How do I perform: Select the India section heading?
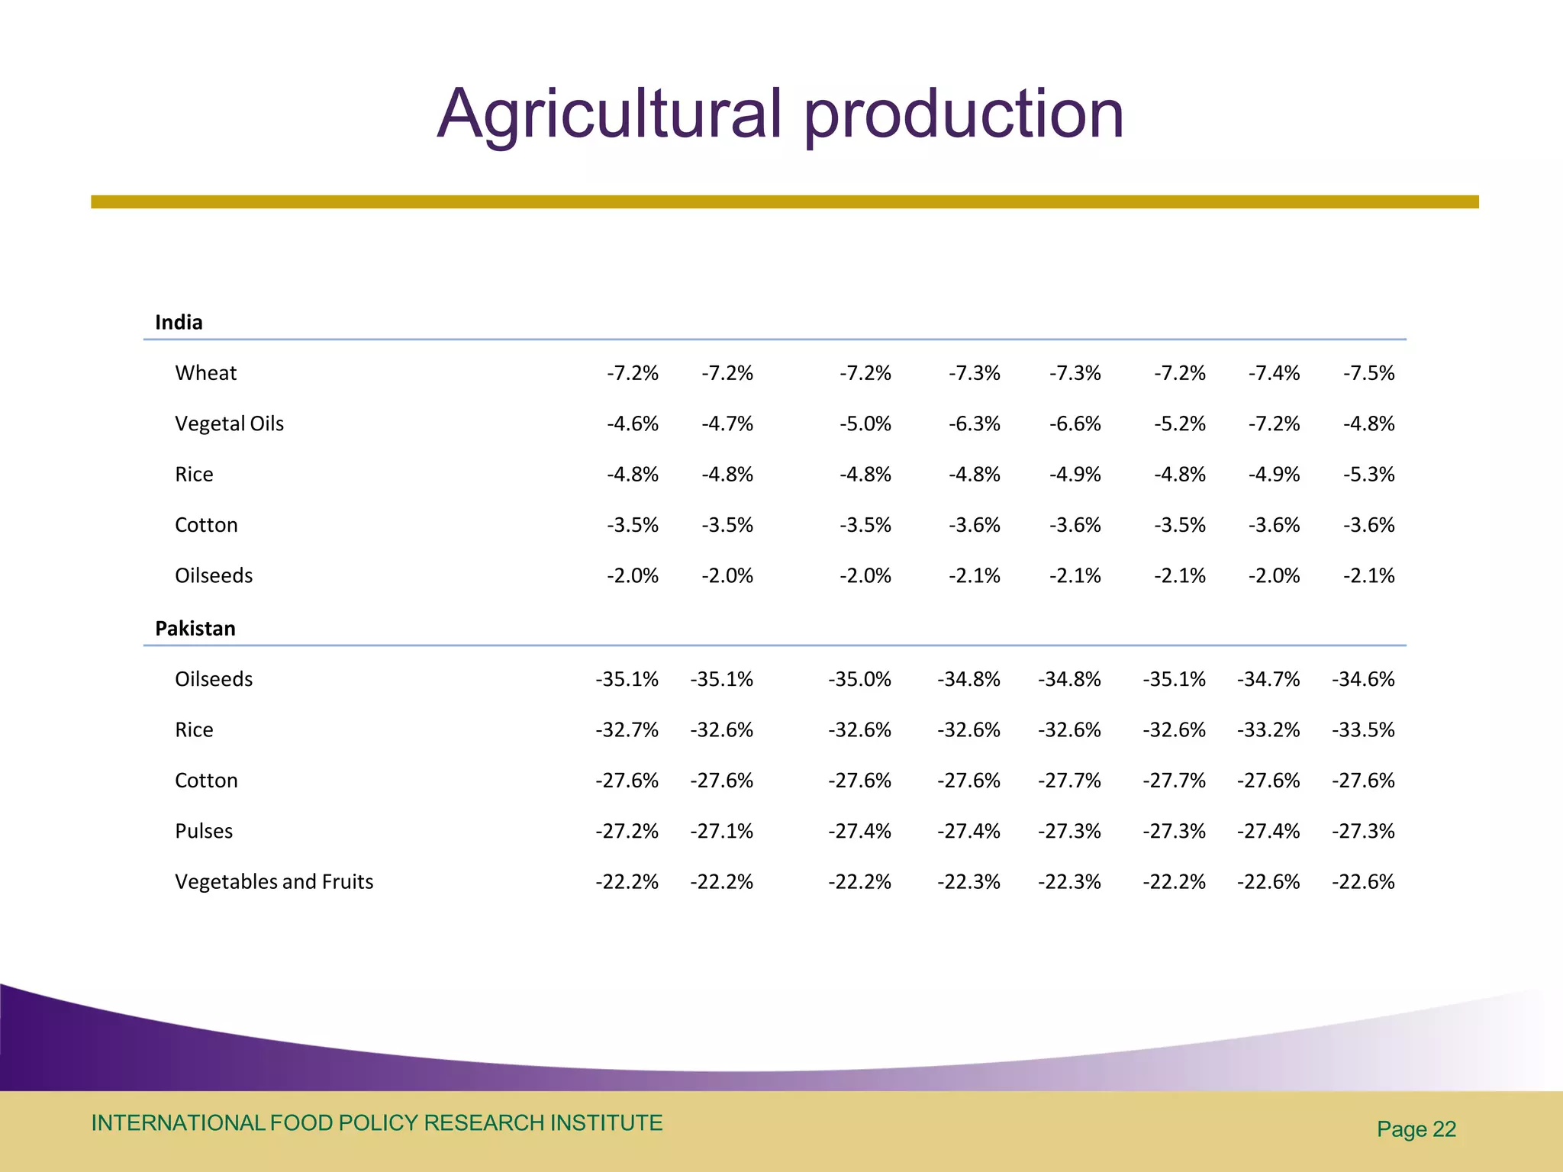(179, 322)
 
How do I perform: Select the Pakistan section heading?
(195, 628)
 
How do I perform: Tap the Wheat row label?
(206, 373)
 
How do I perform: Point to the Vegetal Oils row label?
(229, 423)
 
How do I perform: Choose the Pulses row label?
(204, 831)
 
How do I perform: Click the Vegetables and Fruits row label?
(274, 881)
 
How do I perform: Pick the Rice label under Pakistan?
(194, 729)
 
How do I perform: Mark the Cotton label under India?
(206, 525)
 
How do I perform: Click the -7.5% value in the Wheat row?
(1368, 373)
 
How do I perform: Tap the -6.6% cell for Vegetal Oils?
(1075, 423)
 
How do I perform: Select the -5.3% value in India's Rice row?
(1368, 475)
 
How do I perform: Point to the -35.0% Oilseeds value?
(859, 679)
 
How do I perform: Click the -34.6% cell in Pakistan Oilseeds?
(1363, 679)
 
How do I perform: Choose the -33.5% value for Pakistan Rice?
(1363, 729)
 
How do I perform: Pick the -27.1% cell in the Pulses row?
(721, 831)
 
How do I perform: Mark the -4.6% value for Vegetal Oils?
(632, 423)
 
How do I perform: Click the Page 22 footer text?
(1416, 1129)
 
